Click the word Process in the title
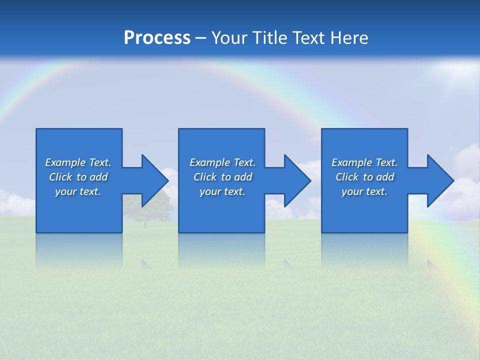pyautogui.click(x=157, y=38)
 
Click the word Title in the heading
pyautogui.click(x=270, y=38)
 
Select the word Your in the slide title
pyautogui.click(x=230, y=38)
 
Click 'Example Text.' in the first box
pyautogui.click(x=78, y=162)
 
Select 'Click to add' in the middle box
pyautogui.click(x=222, y=177)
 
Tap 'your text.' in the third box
pyautogui.click(x=364, y=191)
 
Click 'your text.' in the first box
pyautogui.click(x=78, y=191)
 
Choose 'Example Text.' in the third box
pyautogui.click(x=364, y=162)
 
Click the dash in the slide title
pyautogui.click(x=200, y=38)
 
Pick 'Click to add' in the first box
pyautogui.click(x=78, y=177)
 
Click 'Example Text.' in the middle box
pyautogui.click(x=222, y=162)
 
